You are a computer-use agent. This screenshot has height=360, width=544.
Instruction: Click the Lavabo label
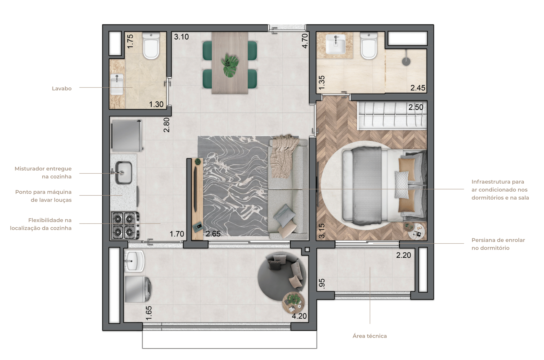(x=62, y=88)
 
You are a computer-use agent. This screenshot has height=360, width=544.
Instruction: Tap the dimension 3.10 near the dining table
(x=181, y=37)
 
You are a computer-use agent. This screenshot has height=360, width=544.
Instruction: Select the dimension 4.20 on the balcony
(x=299, y=316)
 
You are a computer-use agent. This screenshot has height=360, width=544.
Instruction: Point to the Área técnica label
(x=370, y=336)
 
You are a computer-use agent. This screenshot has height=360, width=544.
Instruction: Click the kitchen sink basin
(x=123, y=173)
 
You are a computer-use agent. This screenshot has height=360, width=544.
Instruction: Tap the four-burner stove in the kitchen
(x=125, y=225)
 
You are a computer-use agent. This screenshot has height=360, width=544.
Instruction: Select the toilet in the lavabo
(x=151, y=45)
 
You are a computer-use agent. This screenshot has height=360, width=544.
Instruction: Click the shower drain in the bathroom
(x=406, y=61)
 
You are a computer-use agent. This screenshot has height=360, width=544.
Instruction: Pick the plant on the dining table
(x=230, y=65)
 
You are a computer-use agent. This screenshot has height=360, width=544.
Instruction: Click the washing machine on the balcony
(x=138, y=289)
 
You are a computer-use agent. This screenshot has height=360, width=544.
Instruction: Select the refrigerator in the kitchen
(x=127, y=136)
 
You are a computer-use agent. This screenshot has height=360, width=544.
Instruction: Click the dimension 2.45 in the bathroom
(x=418, y=88)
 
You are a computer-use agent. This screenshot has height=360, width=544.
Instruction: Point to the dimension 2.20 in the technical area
(x=403, y=255)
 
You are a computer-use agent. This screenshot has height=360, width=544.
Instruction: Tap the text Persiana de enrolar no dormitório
(x=498, y=244)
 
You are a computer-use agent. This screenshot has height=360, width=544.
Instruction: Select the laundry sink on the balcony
(x=134, y=261)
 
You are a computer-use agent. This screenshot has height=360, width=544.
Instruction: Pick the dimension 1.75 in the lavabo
(x=130, y=41)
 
